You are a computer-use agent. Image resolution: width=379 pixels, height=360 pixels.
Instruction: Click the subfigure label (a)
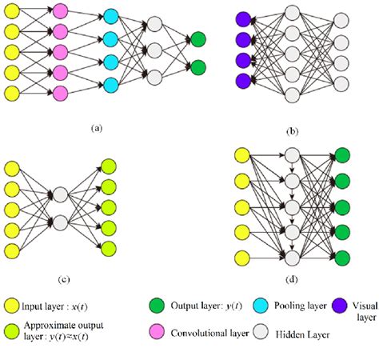pyautogui.click(x=97, y=126)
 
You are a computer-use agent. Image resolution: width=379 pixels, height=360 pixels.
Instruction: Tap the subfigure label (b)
pyautogui.click(x=293, y=126)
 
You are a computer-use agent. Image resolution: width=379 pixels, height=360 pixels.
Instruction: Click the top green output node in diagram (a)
pyautogui.click(x=197, y=38)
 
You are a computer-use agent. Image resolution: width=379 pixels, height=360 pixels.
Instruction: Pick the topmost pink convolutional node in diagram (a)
pyautogui.click(x=61, y=11)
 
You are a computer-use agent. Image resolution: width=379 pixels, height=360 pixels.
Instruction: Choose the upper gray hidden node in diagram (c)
pyautogui.click(x=61, y=194)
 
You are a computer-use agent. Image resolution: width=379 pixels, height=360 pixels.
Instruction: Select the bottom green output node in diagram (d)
pyautogui.click(x=343, y=258)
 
